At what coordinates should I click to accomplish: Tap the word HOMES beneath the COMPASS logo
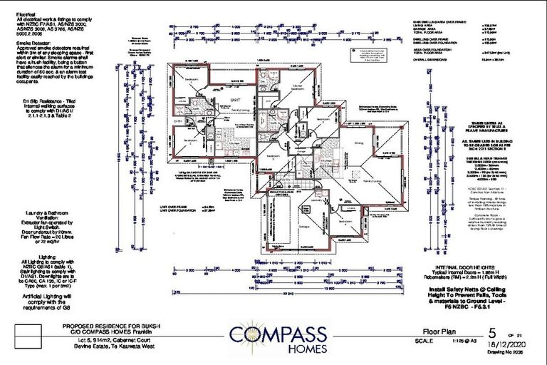click(278, 349)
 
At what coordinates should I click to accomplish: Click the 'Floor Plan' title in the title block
click(434, 332)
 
